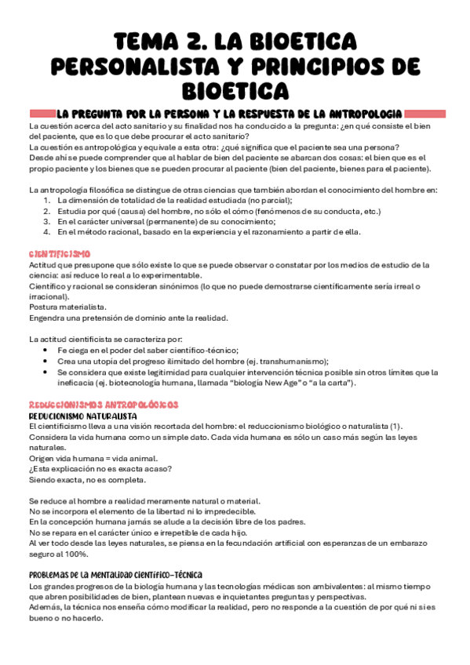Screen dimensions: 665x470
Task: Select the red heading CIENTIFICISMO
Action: [60, 254]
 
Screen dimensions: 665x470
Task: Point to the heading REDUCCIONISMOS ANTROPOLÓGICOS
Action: [104, 404]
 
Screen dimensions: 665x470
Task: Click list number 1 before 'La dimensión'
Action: [47, 201]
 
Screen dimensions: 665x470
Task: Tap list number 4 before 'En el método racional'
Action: [47, 232]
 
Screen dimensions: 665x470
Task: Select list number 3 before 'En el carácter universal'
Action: [47, 222]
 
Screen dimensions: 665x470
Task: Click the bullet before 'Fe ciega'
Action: [48, 351]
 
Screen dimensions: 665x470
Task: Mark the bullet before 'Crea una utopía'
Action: [48, 362]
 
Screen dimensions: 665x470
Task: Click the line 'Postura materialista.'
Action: [67, 307]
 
